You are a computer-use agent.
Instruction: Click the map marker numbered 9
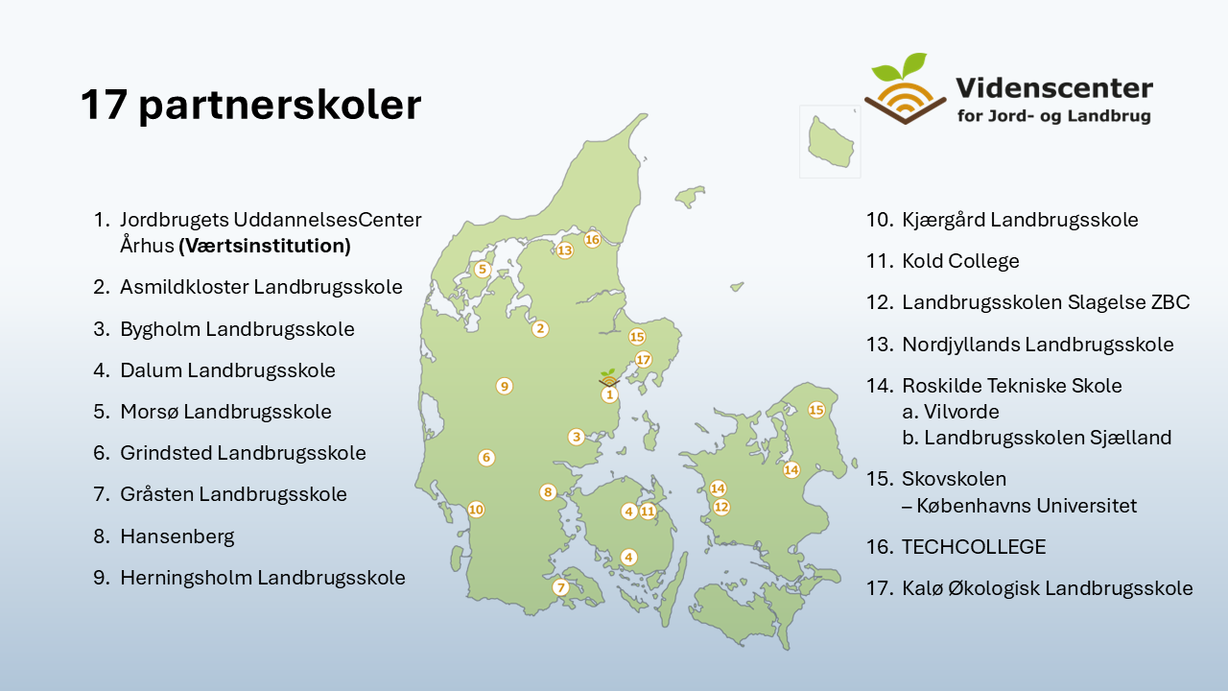[505, 386]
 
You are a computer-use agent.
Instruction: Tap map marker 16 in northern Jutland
[592, 240]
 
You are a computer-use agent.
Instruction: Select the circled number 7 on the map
[560, 588]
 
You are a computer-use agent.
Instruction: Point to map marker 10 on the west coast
[476, 510]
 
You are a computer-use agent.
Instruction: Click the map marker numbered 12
[721, 508]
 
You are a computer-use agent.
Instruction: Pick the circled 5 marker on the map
[483, 270]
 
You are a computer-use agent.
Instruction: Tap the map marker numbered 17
[643, 360]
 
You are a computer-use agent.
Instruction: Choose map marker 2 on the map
[540, 329]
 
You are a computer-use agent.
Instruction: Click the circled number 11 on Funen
[648, 512]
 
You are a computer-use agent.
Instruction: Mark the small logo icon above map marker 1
[608, 378]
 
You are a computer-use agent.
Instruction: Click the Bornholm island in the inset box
[830, 142]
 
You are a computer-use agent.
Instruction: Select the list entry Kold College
[960, 261]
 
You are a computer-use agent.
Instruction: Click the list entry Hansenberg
[177, 536]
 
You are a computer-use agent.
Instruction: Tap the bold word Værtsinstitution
[265, 246]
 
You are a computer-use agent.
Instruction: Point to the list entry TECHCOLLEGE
[974, 547]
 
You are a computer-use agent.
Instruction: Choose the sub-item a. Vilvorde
[951, 412]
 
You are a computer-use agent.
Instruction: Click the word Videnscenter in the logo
[1054, 88]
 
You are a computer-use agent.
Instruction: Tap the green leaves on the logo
[900, 67]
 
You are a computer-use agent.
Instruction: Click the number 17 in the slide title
[105, 105]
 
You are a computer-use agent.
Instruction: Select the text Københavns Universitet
[1027, 506]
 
